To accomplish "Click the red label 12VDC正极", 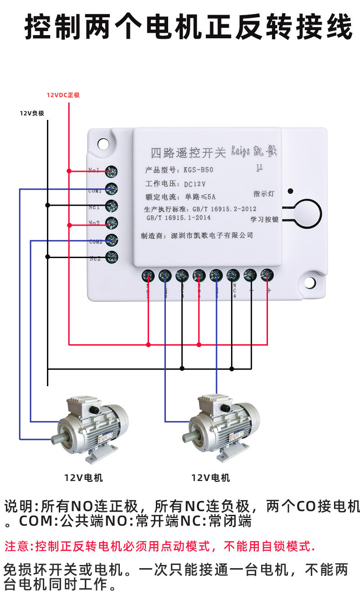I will point(63,95).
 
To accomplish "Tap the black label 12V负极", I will point(32,113).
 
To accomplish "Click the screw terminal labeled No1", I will point(112,171).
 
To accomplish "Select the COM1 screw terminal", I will point(112,189).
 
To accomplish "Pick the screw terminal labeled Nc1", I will point(112,206).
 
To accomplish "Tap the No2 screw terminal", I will point(112,223).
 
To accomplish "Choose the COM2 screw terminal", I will point(112,240).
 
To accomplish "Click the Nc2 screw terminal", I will point(112,257).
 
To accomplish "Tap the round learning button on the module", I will point(308,214).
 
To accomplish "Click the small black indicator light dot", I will point(290,191).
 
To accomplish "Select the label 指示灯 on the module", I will point(264,194).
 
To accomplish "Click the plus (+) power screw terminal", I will point(267,275).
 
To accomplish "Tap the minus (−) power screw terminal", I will point(250,275).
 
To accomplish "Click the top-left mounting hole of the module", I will point(103,143).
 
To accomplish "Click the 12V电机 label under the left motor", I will point(83,478).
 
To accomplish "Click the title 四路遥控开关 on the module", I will point(188,153).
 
